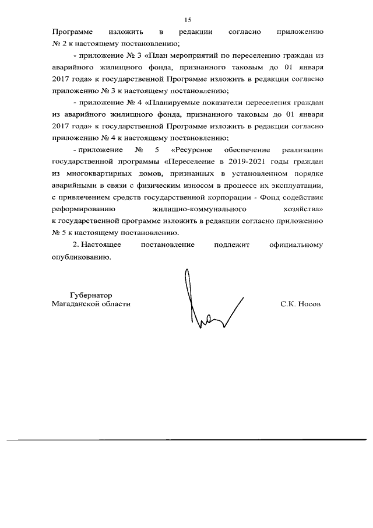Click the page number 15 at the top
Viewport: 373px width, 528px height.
point(187,20)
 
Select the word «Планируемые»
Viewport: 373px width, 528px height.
point(175,102)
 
